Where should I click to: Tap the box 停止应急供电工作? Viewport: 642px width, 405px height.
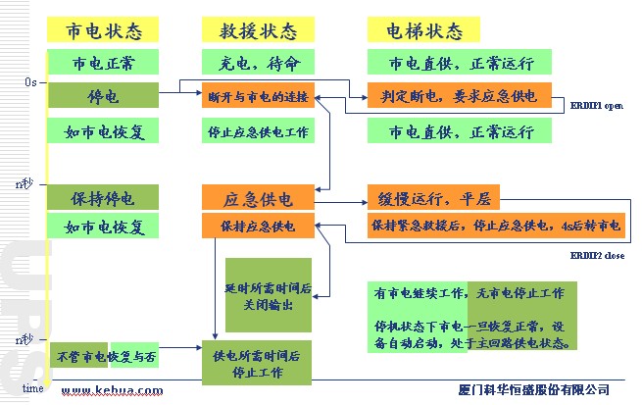coord(258,130)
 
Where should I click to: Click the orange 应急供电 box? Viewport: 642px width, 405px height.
coord(258,198)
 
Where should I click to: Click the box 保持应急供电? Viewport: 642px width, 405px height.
coord(258,227)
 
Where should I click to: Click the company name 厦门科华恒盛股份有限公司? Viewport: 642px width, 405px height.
coord(533,390)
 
